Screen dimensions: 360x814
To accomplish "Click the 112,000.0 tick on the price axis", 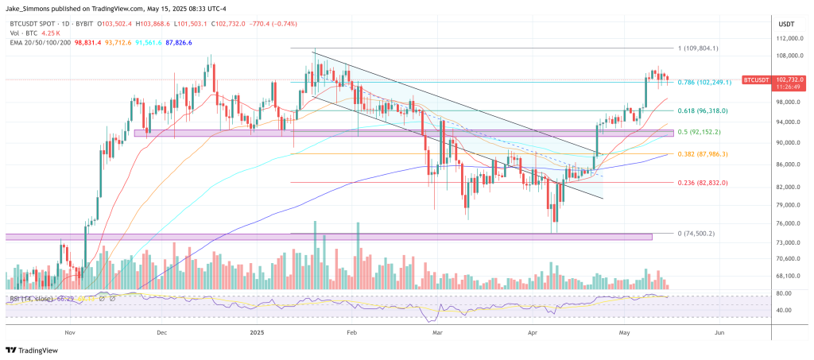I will (x=787, y=38).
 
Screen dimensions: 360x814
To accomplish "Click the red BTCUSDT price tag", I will (x=762, y=80).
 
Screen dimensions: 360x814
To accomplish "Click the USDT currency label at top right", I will (x=785, y=23).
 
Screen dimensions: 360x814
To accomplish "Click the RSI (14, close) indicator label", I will (x=31, y=299).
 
